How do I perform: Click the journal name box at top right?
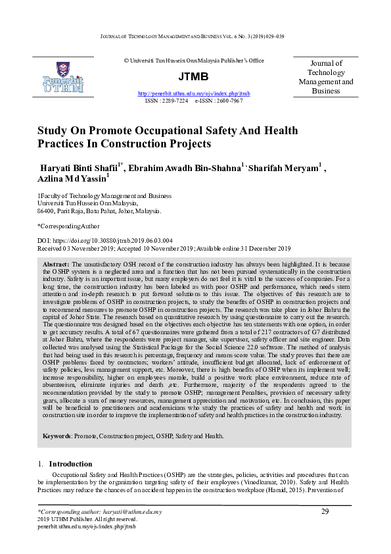tap(326, 77)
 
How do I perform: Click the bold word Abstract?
tap(56, 263)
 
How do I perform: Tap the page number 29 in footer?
tap(325, 512)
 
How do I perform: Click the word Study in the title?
tap(53, 130)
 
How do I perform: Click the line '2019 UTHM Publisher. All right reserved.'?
tap(86, 520)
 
